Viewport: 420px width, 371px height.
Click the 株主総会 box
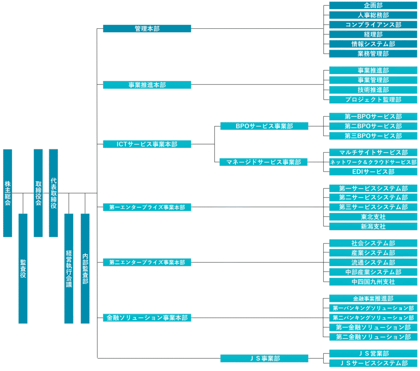coord(7,193)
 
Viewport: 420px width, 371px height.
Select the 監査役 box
coord(23,268)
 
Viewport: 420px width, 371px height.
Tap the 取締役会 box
coord(38,193)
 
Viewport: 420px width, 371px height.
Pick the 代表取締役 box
coord(53,193)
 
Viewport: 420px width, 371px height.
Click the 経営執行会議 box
coord(69,268)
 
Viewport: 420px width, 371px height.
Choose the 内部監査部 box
coord(85,268)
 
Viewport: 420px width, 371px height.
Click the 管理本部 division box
coord(147,29)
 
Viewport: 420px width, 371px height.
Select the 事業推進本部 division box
coord(147,85)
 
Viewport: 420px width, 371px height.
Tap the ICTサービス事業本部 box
coord(147,144)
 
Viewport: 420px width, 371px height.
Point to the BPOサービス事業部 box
coord(264,126)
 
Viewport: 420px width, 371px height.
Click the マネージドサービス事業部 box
coord(264,162)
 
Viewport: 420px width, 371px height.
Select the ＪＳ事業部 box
coord(264,358)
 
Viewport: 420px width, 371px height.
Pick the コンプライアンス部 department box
coord(373,25)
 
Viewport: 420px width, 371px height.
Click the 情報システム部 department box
coord(373,44)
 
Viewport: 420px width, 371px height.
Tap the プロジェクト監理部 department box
coord(373,99)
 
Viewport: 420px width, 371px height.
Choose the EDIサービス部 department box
coord(373,172)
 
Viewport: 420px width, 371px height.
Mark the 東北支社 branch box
coord(373,216)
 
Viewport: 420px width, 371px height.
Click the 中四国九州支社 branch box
coord(373,282)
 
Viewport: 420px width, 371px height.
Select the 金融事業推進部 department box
coord(373,298)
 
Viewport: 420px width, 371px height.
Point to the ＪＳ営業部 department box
coord(373,353)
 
